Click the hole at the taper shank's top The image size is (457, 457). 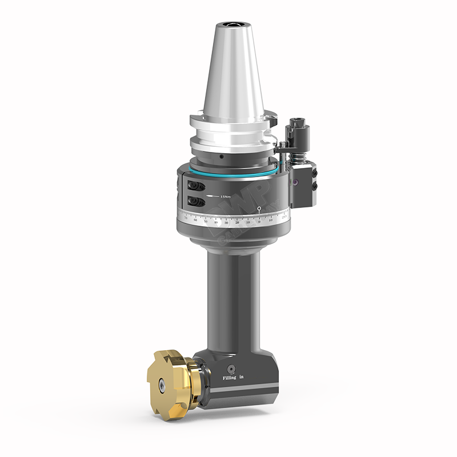(x=233, y=25)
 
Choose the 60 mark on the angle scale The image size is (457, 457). (x=196, y=219)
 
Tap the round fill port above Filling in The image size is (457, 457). (x=231, y=368)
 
